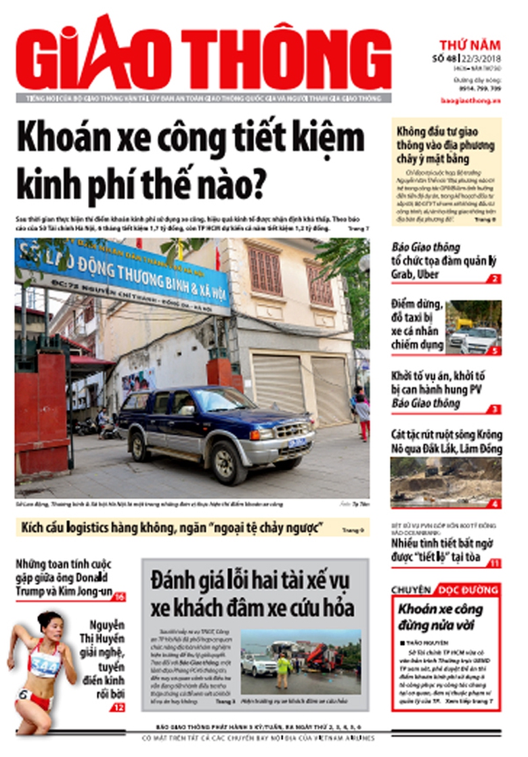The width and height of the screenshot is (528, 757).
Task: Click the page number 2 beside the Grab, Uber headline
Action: point(496,279)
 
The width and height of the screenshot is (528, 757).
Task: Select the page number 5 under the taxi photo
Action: point(496,351)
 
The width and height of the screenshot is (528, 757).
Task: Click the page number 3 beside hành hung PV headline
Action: point(496,409)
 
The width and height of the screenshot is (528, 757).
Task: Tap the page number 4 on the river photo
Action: point(496,504)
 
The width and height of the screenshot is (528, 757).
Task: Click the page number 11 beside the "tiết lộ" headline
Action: point(495,563)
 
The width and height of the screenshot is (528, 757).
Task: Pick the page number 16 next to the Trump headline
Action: point(119,597)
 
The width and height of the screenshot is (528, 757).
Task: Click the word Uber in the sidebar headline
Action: point(428,274)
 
